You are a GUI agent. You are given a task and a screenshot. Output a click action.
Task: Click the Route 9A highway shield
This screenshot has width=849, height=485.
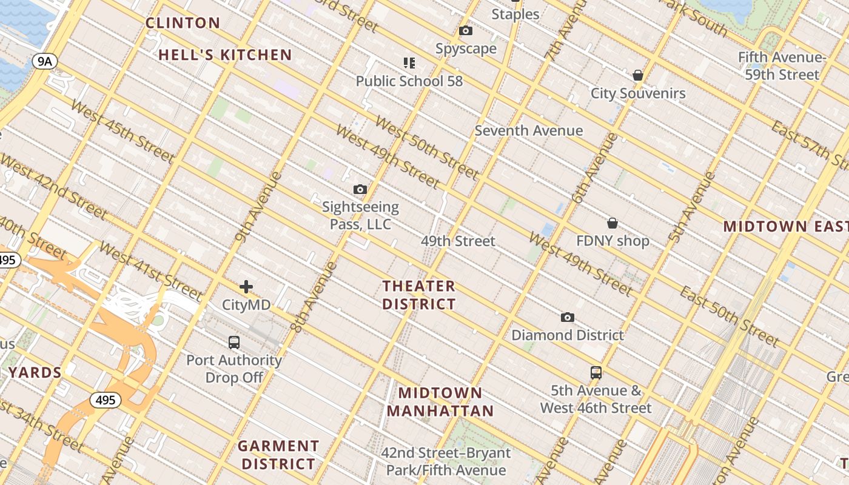coord(45,61)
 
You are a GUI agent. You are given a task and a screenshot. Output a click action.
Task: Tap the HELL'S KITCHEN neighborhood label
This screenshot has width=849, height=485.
coord(226,55)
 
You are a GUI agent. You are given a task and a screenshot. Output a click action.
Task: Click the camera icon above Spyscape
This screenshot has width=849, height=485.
coord(466,31)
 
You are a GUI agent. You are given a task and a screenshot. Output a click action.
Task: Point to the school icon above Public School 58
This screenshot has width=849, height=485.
coord(409,62)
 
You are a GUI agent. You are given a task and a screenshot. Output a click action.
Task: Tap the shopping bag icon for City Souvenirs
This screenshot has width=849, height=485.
coord(638,75)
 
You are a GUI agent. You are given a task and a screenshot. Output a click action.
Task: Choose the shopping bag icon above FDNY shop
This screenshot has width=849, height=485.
coord(612,223)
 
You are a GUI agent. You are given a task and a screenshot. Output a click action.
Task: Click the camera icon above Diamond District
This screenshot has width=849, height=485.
coord(568,317)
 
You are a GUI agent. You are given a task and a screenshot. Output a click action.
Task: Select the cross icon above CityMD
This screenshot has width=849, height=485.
coord(246,287)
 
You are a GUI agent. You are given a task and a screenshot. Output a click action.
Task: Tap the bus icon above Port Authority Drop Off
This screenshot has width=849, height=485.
coord(234,343)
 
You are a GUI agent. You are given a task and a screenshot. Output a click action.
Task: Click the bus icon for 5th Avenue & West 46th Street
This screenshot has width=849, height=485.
coord(596,372)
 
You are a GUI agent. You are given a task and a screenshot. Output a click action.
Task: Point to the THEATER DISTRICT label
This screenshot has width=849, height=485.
coord(419,295)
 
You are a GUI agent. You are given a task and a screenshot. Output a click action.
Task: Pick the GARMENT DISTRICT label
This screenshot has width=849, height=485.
coord(278,455)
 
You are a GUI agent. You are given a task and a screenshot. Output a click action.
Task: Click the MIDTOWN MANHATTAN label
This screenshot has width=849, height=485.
coord(440,402)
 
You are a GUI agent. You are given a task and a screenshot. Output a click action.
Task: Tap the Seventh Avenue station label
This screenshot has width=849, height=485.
coord(529,130)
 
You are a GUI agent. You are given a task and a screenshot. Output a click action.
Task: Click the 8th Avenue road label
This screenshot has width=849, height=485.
coord(314,297)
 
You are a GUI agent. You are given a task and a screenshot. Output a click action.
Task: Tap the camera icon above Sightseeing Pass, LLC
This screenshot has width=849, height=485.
coord(360,190)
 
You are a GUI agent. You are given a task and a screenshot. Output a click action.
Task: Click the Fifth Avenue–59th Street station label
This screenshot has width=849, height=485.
coord(782,66)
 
